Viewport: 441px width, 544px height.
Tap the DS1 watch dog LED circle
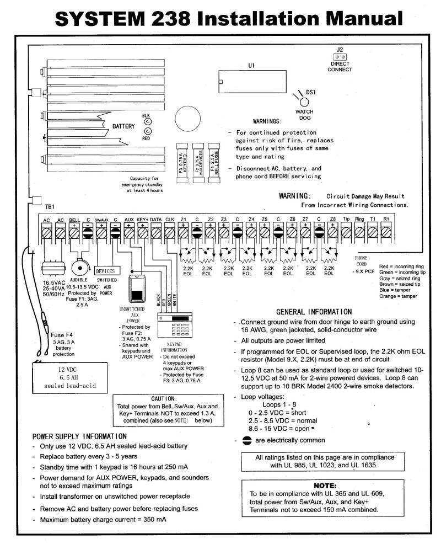tap(303, 101)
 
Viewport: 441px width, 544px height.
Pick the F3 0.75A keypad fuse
tap(181, 159)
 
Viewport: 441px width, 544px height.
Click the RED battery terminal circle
tap(148, 131)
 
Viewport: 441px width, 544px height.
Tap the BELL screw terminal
tap(74, 233)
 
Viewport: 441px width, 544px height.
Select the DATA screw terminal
tap(156, 233)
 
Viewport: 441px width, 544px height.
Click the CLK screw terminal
tap(170, 233)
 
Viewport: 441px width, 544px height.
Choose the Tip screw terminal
tap(346, 233)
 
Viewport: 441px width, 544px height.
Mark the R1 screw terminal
tap(387, 233)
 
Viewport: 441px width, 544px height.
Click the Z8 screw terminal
tap(332, 233)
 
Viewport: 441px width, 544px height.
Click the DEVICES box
tap(105, 271)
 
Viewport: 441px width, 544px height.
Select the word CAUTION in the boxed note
tap(164, 398)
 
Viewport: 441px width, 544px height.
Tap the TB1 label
tap(50, 207)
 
